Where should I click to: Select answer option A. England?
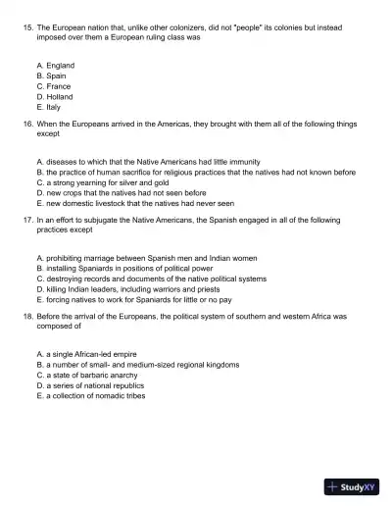point(55,65)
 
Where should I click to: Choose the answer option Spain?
point(52,76)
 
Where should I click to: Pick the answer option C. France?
point(54,86)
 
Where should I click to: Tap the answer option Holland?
point(54,97)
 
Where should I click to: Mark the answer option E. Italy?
point(48,108)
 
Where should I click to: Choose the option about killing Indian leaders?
point(137,289)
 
